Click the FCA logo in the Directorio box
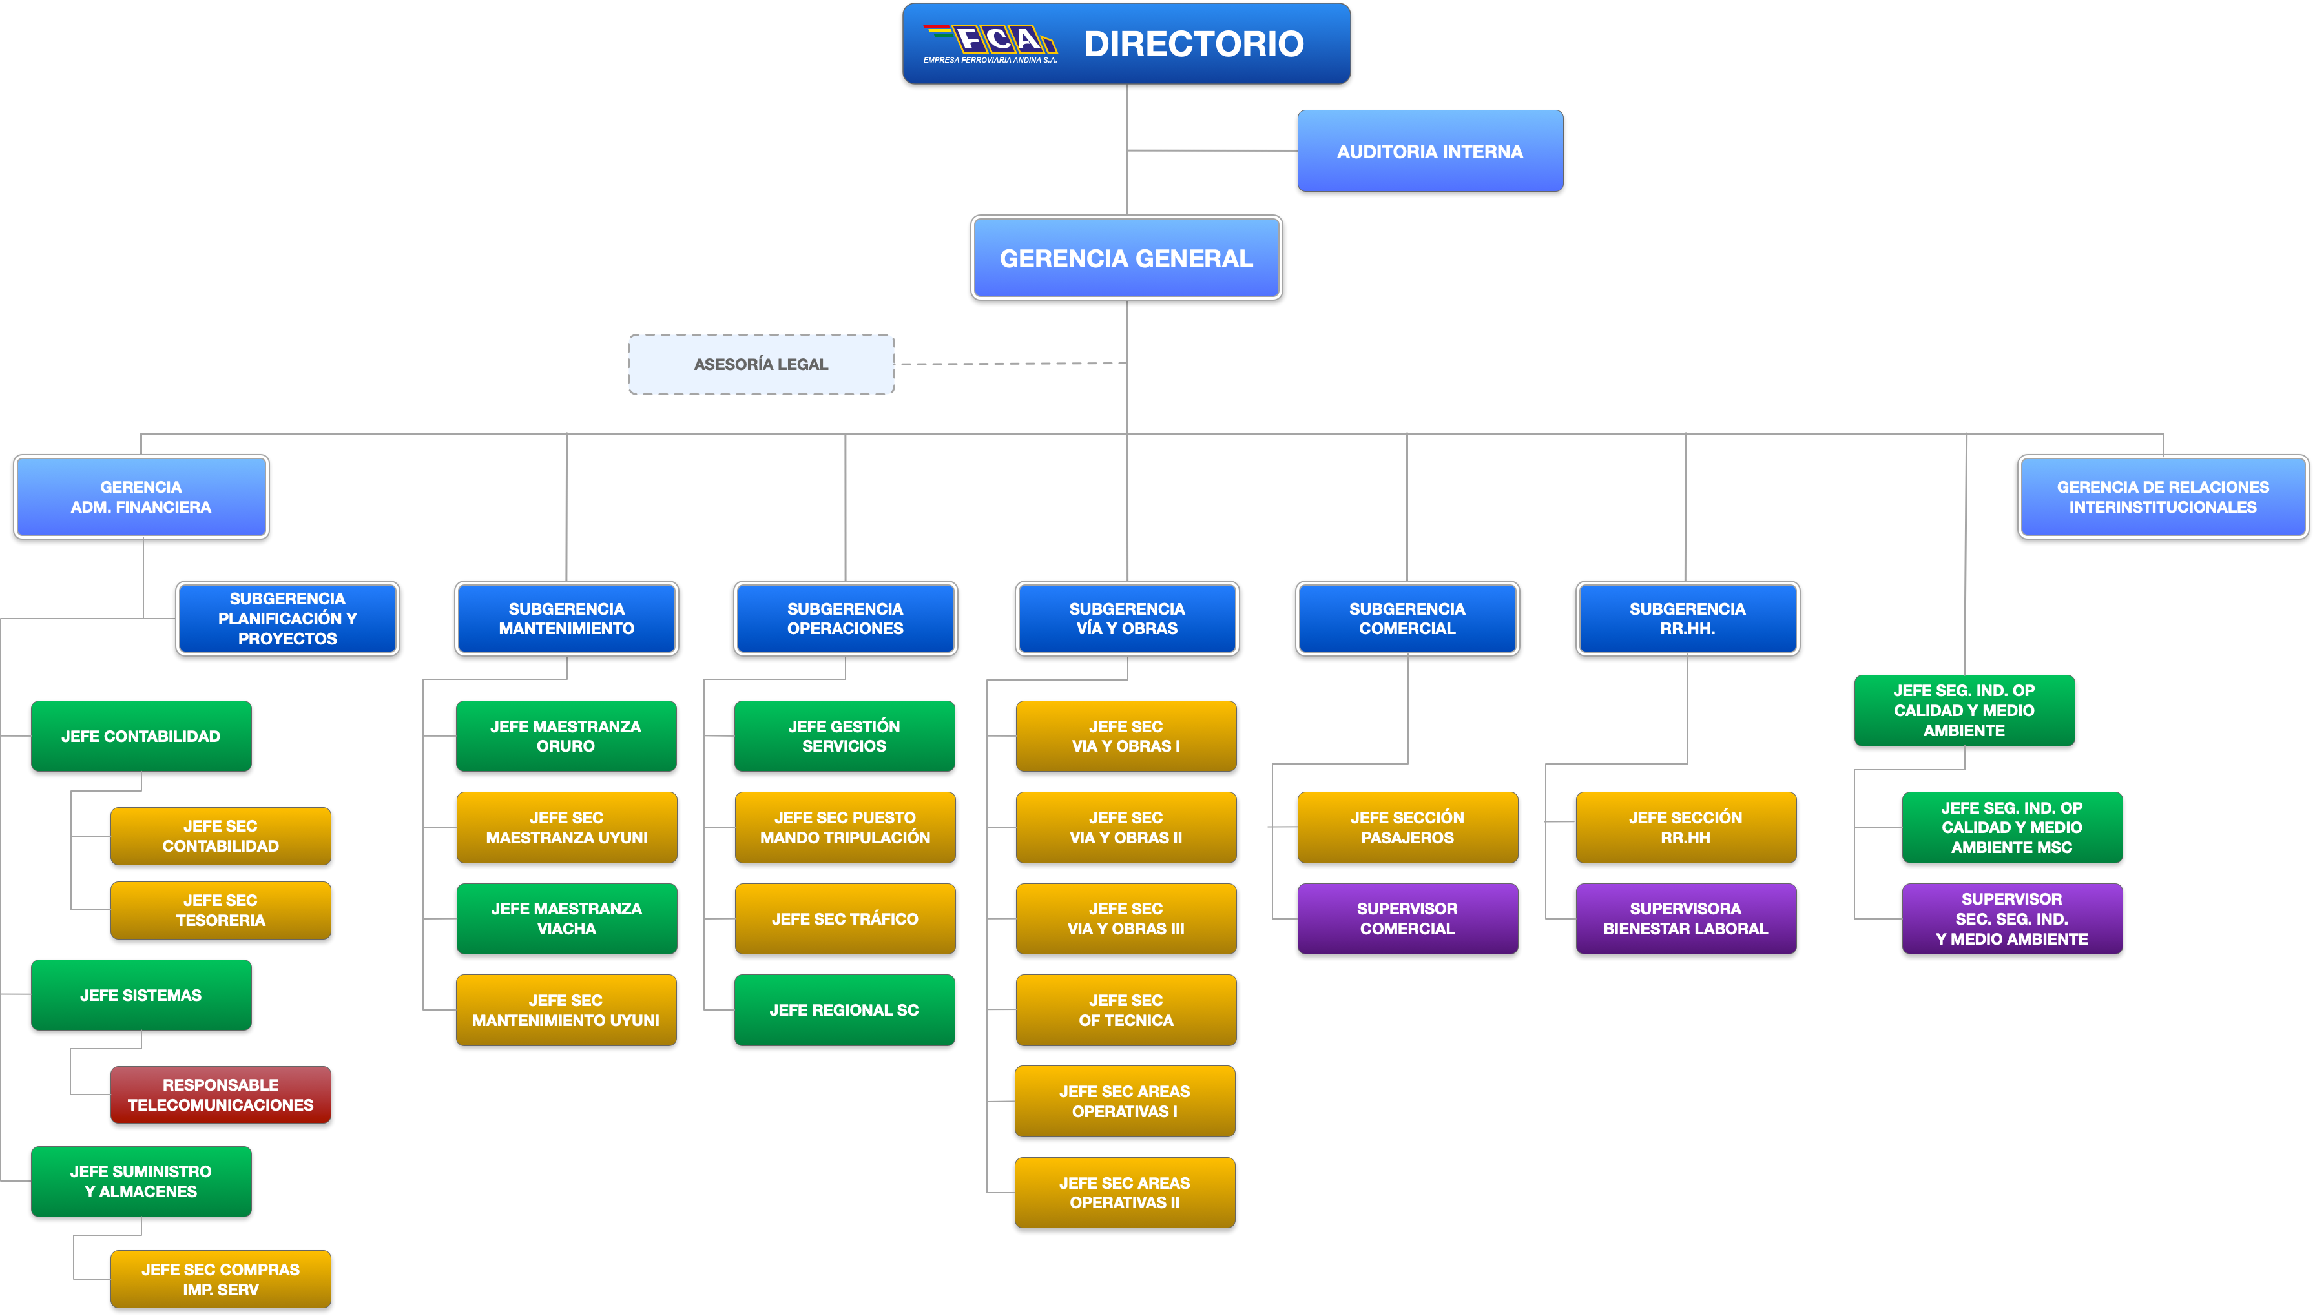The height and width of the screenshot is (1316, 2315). point(990,43)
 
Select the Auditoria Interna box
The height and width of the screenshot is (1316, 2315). point(1430,151)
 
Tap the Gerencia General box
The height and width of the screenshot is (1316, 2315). point(1126,258)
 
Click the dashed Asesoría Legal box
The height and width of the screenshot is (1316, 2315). point(761,364)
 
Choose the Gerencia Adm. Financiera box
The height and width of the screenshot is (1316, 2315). point(141,497)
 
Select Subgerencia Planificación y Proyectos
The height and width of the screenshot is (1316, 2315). point(287,618)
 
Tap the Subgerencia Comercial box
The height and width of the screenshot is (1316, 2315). point(1407,618)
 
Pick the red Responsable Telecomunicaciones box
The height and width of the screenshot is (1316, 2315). point(220,1095)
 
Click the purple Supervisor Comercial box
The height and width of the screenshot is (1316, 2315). point(1407,918)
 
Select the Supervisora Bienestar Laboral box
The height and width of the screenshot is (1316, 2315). point(1686,918)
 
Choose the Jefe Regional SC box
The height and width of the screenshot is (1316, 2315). point(844,1009)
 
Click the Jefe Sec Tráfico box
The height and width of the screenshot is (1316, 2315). point(845,918)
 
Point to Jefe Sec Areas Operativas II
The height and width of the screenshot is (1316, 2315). point(1125,1192)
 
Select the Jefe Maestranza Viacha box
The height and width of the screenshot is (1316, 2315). point(566,918)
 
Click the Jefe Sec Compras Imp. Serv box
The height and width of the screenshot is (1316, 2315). point(220,1279)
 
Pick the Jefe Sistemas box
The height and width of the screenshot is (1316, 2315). point(141,995)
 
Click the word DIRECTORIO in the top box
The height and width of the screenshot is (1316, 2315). point(1193,43)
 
